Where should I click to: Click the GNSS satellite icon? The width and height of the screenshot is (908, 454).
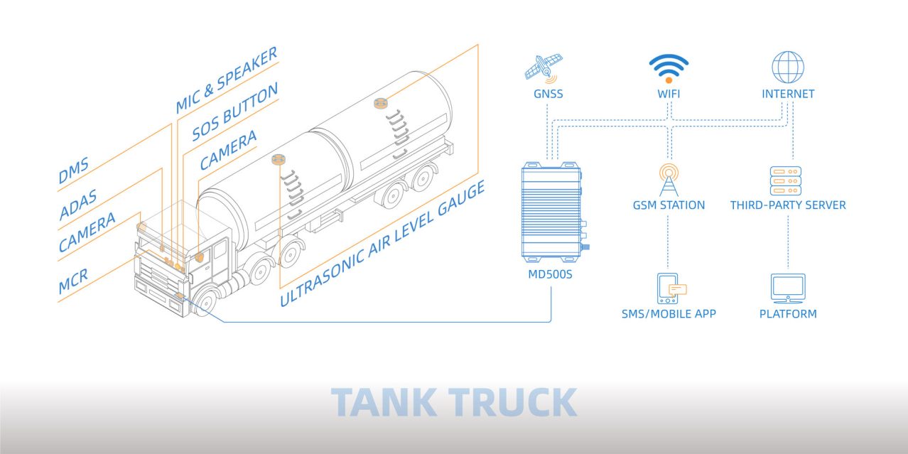pyautogui.click(x=544, y=69)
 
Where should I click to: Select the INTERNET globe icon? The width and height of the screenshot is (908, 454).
pyautogui.click(x=788, y=67)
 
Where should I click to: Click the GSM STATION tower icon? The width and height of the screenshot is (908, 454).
pyautogui.click(x=669, y=180)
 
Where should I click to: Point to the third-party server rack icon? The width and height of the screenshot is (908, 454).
pyautogui.click(x=786, y=180)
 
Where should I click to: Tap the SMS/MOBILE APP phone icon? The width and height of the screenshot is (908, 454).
pyautogui.click(x=671, y=288)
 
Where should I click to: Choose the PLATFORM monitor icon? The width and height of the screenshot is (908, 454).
pyautogui.click(x=788, y=288)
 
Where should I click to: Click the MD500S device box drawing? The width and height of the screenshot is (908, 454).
pyautogui.click(x=554, y=212)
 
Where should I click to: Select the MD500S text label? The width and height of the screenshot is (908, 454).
pyautogui.click(x=550, y=274)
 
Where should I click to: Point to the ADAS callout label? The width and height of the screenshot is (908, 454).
pyautogui.click(x=78, y=205)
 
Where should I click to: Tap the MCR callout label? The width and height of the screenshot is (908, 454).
pyautogui.click(x=73, y=281)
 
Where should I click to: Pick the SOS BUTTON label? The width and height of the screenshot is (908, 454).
pyautogui.click(x=234, y=112)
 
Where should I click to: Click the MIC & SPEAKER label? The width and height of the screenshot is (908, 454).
pyautogui.click(x=227, y=80)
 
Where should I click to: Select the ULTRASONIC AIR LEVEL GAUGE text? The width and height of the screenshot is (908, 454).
pyautogui.click(x=382, y=243)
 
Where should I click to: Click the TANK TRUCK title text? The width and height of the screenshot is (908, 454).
pyautogui.click(x=454, y=402)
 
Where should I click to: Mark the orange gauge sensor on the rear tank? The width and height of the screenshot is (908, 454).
pyautogui.click(x=381, y=103)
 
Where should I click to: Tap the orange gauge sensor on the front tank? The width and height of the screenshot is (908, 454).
pyautogui.click(x=279, y=159)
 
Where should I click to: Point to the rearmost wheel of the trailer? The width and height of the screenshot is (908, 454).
pyautogui.click(x=423, y=177)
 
